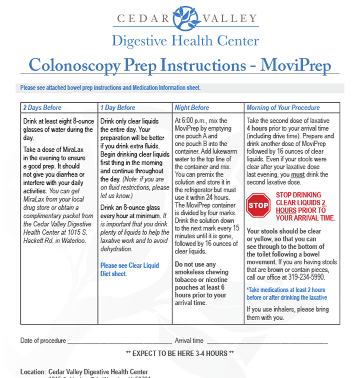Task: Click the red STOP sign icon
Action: pyautogui.click(x=258, y=205)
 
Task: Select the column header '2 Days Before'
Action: pyautogui.click(x=42, y=108)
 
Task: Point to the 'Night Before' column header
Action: pyautogui.click(x=192, y=108)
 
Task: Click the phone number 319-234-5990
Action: pyautogui.click(x=309, y=277)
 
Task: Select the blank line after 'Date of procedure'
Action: pyautogui.click(x=119, y=341)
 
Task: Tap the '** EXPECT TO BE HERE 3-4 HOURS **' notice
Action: pyautogui.click(x=180, y=354)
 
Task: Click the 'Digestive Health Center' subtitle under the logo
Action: pyautogui.click(x=185, y=41)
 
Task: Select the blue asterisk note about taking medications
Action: pyautogui.click(x=287, y=294)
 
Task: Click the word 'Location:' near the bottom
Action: pyautogui.click(x=33, y=372)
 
